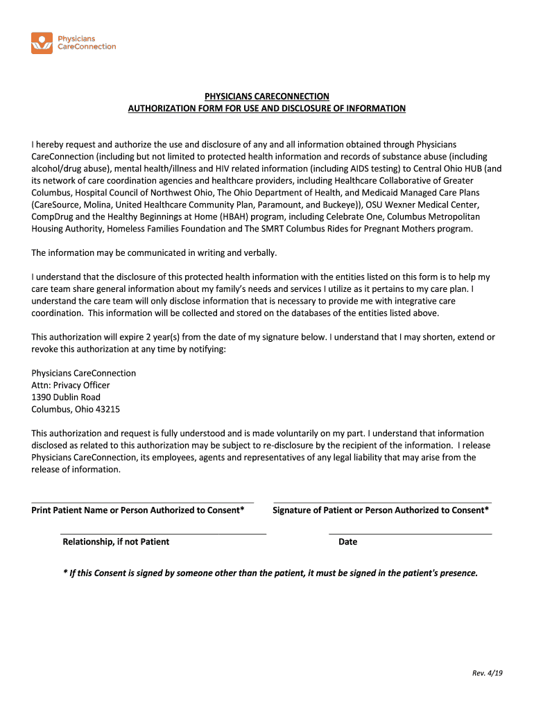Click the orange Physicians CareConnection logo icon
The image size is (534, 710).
click(x=42, y=43)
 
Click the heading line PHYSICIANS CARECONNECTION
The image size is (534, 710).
click(x=266, y=96)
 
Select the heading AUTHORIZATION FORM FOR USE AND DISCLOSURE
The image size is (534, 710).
click(x=266, y=109)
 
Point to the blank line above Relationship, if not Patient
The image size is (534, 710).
click(x=164, y=533)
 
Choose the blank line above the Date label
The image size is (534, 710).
click(x=410, y=533)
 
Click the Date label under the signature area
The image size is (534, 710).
click(x=347, y=542)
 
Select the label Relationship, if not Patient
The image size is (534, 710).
click(x=116, y=542)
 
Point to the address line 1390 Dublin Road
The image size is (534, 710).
click(x=66, y=397)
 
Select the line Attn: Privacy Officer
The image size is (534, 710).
click(x=70, y=386)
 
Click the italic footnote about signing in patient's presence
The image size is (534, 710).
click(x=270, y=573)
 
